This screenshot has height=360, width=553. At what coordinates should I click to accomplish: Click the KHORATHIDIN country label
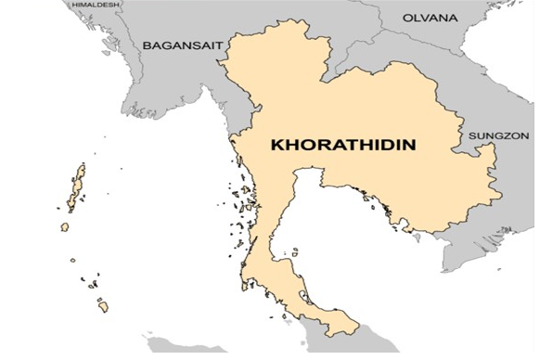[341, 146]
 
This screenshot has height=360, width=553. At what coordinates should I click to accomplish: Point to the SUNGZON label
[498, 135]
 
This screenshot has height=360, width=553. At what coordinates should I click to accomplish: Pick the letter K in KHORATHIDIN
[276, 146]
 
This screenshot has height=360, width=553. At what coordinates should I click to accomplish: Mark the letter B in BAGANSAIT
[147, 45]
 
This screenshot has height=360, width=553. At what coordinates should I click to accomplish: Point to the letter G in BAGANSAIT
[167, 45]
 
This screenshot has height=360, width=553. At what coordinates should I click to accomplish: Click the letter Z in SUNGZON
[507, 135]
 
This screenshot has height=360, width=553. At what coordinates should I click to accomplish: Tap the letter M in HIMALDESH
[88, 5]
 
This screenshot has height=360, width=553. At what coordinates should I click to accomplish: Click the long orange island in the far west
[77, 186]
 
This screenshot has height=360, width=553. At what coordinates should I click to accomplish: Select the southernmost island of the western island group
[103, 305]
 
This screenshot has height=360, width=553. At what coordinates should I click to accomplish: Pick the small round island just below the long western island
[64, 226]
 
